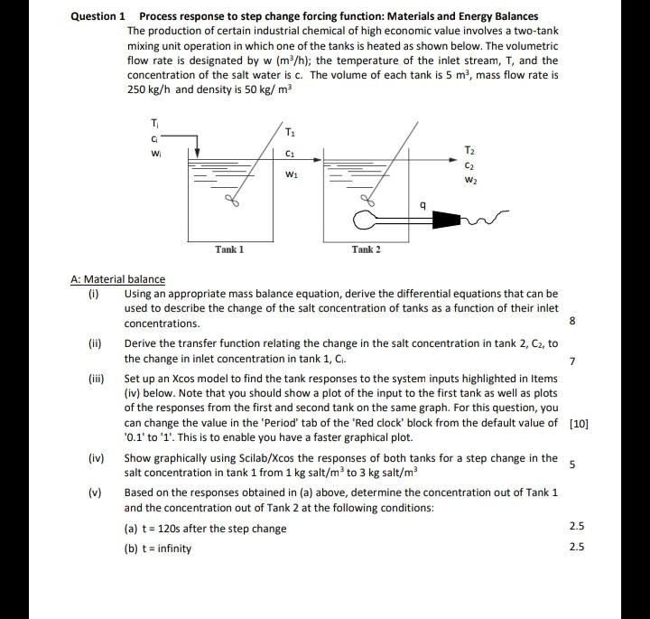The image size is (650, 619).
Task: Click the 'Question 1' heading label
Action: pyautogui.click(x=98, y=16)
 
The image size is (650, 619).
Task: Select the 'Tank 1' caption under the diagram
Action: pyautogui.click(x=228, y=249)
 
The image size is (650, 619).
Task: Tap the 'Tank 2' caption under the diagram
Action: pyautogui.click(x=365, y=249)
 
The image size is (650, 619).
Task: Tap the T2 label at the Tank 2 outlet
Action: pyautogui.click(x=468, y=149)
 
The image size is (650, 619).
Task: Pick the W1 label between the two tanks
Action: pyautogui.click(x=291, y=174)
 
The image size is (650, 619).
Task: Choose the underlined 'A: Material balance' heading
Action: pyautogui.click(x=117, y=279)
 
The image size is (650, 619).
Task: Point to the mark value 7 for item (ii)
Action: pyautogui.click(x=571, y=361)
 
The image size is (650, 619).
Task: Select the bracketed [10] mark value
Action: pyautogui.click(x=580, y=422)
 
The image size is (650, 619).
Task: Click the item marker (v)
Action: pyautogui.click(x=95, y=492)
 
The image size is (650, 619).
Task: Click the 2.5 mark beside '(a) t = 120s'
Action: pyautogui.click(x=578, y=526)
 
